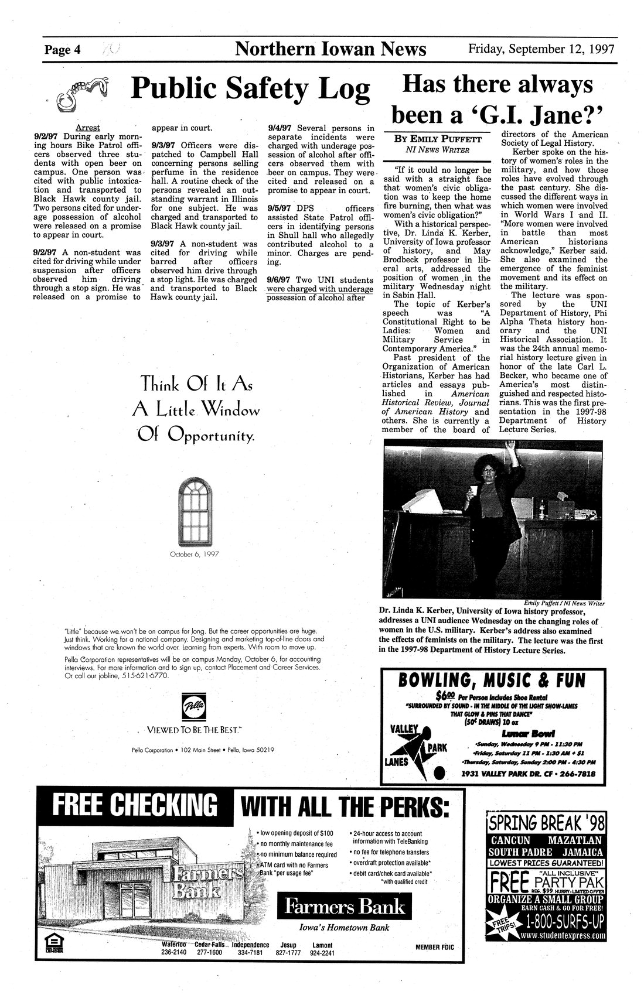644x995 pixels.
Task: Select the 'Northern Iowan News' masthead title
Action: (x=330, y=49)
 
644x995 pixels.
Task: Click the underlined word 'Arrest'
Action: (x=88, y=127)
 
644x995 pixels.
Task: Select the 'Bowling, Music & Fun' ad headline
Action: (x=491, y=680)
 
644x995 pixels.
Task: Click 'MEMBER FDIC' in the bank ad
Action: (x=435, y=948)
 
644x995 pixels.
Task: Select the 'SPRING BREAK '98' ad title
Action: (x=546, y=823)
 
